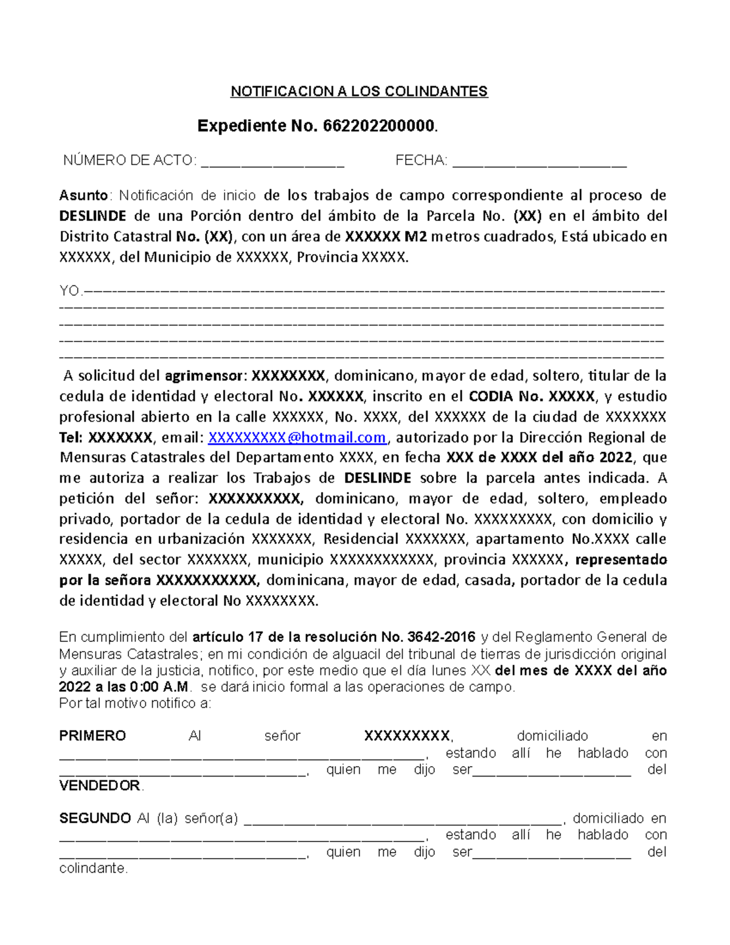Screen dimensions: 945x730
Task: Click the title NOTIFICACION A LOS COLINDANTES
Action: pos(359,92)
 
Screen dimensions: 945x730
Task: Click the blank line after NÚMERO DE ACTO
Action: pos(273,162)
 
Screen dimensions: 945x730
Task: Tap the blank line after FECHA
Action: pos(540,162)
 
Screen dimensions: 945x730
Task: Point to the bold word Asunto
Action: pos(83,195)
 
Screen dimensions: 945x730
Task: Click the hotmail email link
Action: pos(297,438)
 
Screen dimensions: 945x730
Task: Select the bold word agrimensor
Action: pos(204,375)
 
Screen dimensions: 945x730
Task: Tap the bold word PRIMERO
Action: pos(92,736)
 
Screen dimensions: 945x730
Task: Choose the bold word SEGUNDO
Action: pos(95,818)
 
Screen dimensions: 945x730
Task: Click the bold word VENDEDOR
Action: pos(100,786)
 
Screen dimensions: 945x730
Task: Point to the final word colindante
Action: pos(93,868)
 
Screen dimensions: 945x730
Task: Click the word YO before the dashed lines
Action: pos(69,291)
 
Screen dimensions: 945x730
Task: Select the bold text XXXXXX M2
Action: pos(386,237)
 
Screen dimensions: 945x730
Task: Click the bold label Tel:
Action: pos(71,438)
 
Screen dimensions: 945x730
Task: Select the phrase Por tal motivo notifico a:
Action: pos(135,704)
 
